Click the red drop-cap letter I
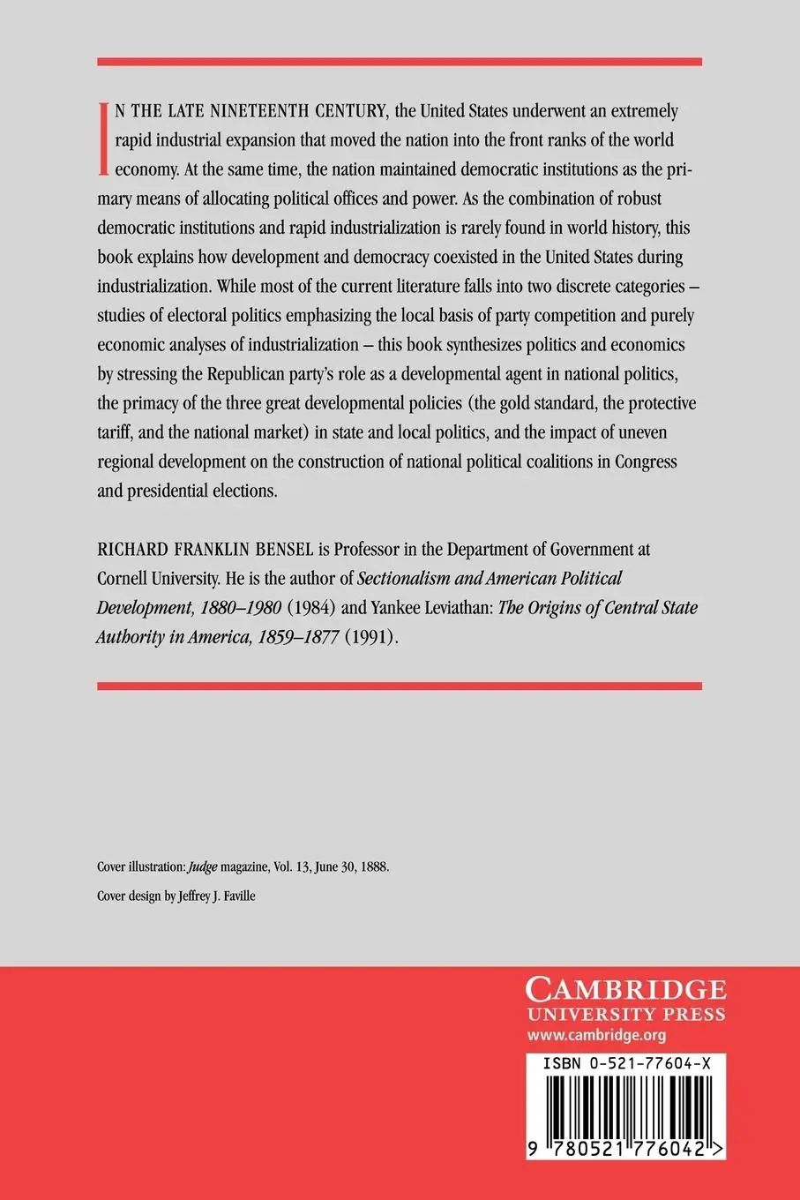(104, 138)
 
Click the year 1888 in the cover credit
(374, 866)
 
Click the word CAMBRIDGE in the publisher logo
(625, 987)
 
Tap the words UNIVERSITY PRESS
(625, 1014)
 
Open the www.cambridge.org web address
(595, 1036)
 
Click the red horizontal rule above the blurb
(400, 62)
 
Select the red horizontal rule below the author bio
(400, 686)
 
